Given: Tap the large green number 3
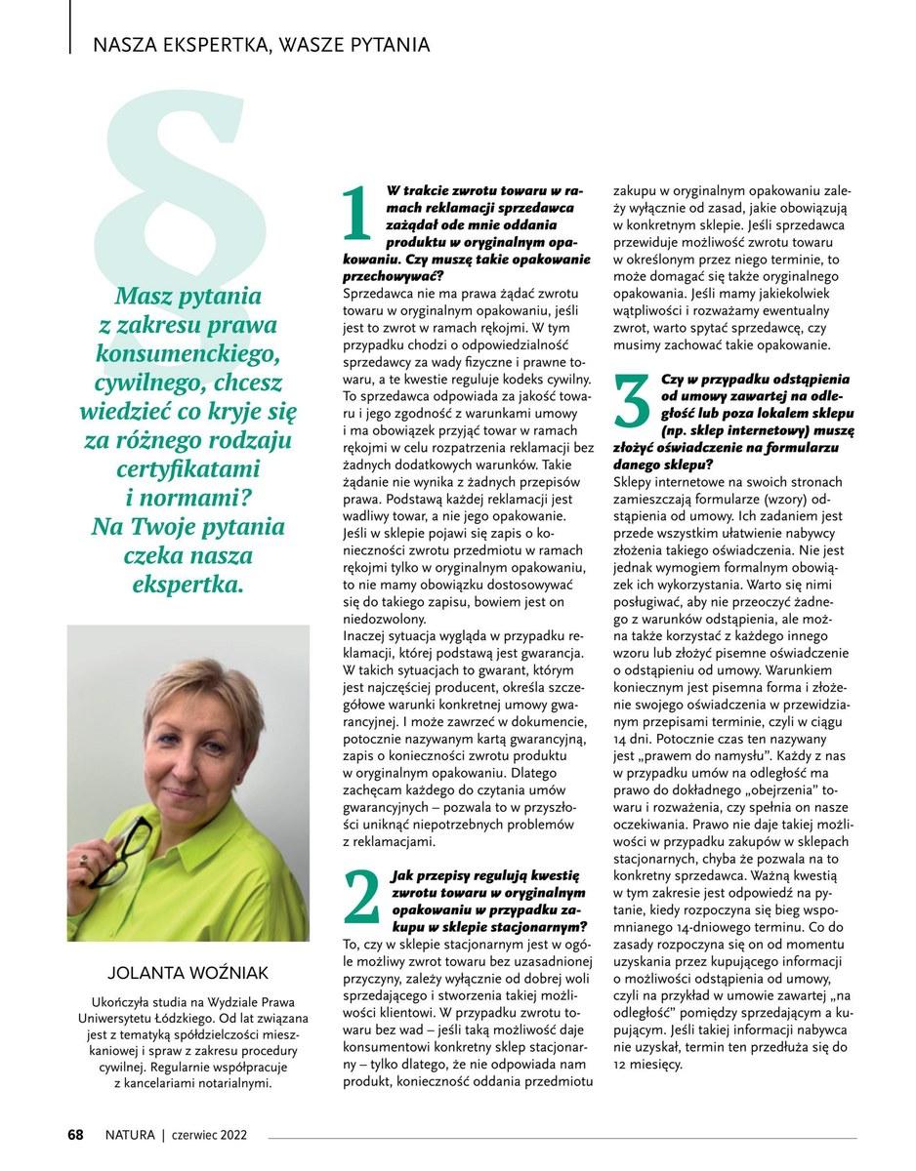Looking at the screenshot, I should [632, 400].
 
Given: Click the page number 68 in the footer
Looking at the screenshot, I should [75, 1134].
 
